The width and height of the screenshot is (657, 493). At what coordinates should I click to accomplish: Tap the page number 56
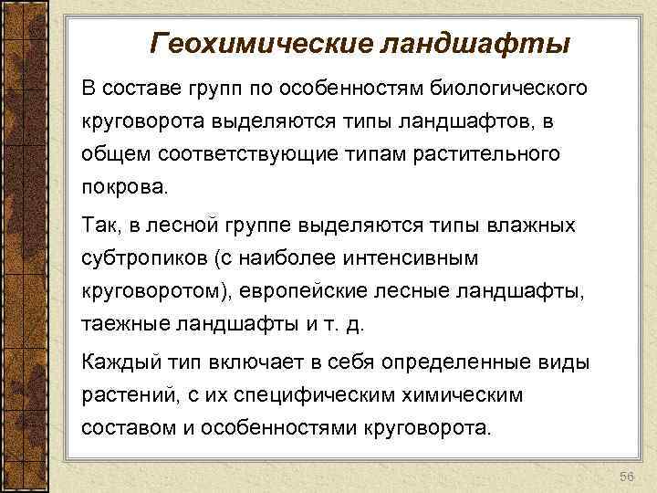[x=625, y=477]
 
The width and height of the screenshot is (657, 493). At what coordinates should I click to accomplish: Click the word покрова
[x=125, y=188]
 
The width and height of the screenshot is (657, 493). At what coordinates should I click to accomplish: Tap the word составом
[x=121, y=427]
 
